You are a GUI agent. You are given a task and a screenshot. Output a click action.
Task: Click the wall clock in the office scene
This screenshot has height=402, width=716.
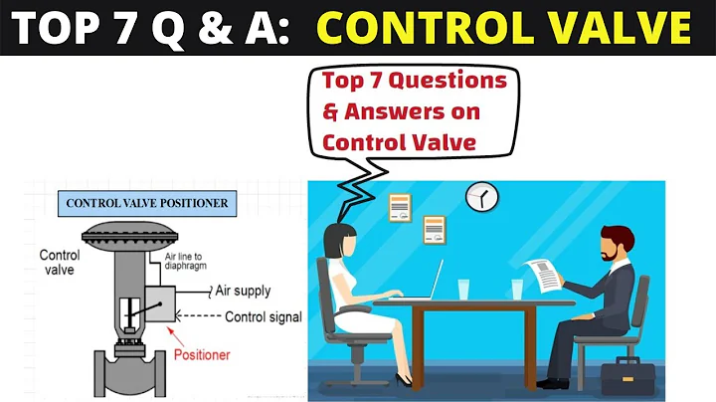pos(481,197)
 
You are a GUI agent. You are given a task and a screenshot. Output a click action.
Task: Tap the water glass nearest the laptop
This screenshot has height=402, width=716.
pos(463,289)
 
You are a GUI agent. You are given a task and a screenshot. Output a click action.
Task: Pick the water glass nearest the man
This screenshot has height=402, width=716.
pos(517,289)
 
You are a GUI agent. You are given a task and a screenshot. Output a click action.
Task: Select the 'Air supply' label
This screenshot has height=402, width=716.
pos(244,292)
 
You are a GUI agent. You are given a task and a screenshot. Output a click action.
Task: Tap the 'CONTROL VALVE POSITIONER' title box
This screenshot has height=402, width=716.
pos(146,203)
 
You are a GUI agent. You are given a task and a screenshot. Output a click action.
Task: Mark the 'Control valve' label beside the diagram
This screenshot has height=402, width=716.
pos(60,262)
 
